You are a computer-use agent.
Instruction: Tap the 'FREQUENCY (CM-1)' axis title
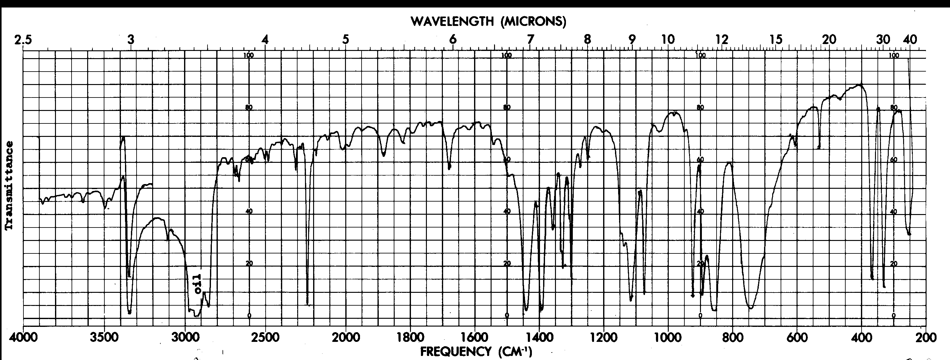[476, 351]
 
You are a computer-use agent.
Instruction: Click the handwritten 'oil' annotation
[198, 284]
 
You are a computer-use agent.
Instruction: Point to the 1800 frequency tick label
[410, 338]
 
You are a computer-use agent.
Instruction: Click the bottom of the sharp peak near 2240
[307, 304]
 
